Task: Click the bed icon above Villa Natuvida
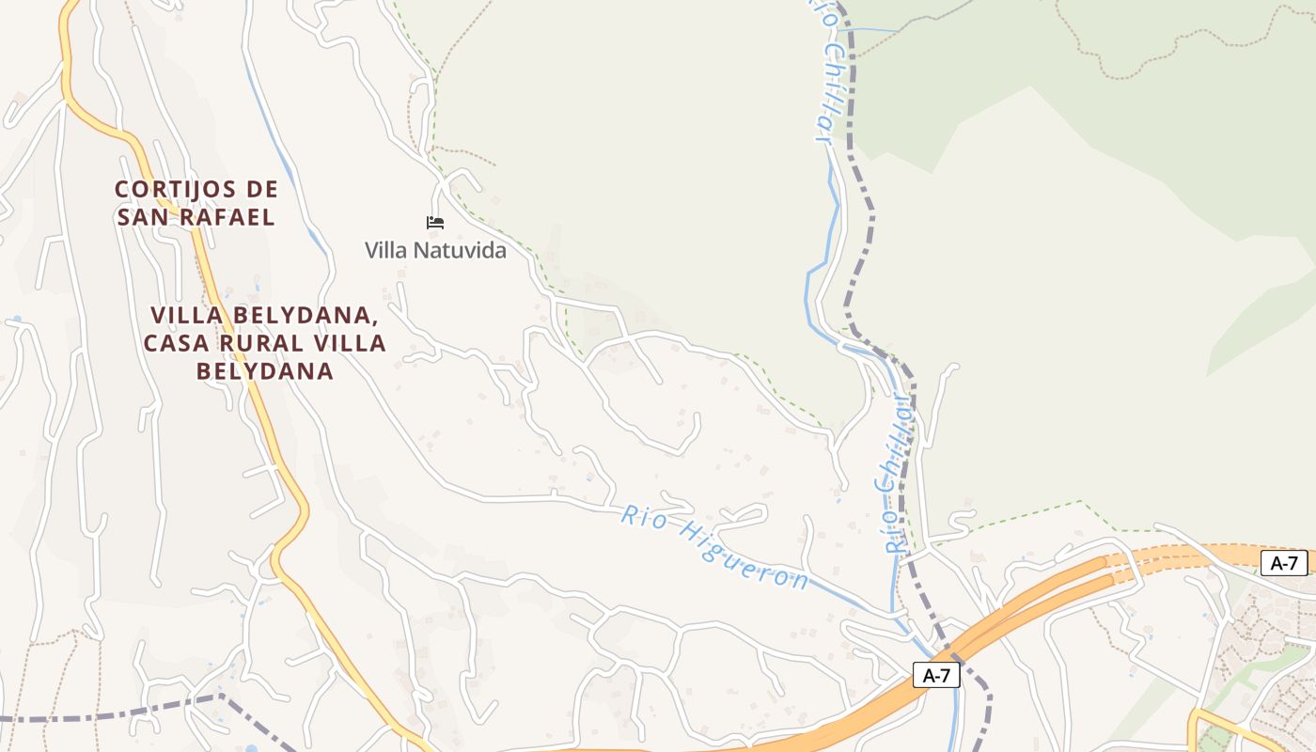434,223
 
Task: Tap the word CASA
179,343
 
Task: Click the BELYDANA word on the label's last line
265,371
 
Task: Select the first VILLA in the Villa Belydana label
186,315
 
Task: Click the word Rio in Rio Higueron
638,516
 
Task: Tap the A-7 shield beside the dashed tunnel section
1284,563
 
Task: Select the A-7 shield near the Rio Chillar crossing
935,675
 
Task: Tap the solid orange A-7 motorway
1015,611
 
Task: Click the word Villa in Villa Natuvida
386,251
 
